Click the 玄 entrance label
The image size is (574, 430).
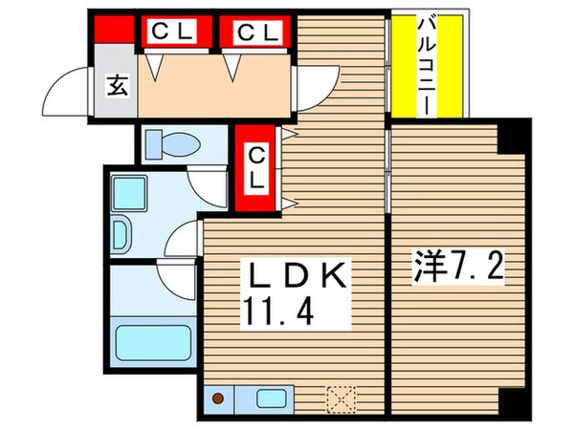coord(115,86)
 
